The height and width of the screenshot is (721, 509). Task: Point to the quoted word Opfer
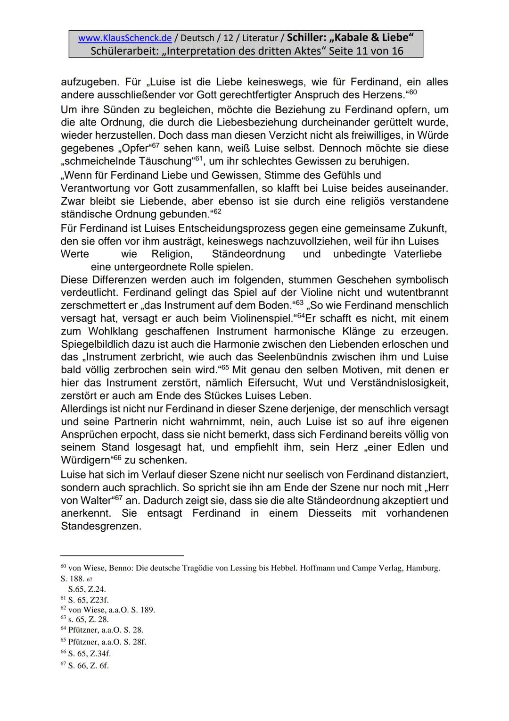[x=135, y=148]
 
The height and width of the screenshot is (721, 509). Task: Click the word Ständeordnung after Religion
[x=248, y=254]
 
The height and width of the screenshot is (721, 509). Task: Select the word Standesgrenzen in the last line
[x=101, y=526]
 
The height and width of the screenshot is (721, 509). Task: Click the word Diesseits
[x=330, y=513]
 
